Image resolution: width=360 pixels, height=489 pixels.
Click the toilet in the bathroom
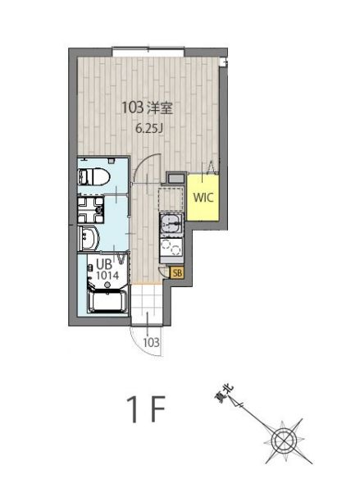[x=93, y=177]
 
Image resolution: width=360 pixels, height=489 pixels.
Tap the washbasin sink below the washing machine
[x=89, y=239]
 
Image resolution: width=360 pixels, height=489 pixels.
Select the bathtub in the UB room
[x=107, y=301]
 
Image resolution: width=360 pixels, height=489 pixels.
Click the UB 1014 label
[x=107, y=270]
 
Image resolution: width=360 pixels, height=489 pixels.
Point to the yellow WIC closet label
[x=203, y=197]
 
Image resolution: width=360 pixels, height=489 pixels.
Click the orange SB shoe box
[x=177, y=273]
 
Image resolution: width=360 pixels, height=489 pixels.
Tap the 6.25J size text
[x=149, y=128]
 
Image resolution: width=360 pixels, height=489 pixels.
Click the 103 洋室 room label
[x=147, y=108]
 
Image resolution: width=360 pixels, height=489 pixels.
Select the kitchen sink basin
[x=171, y=224]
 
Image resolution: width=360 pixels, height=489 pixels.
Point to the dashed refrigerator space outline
[x=171, y=199]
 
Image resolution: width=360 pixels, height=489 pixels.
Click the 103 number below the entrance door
[x=152, y=342]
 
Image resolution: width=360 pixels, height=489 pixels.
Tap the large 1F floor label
[x=146, y=409]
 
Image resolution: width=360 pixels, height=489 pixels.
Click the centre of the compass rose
[x=283, y=441]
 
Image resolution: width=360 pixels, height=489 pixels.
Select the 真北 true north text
[x=224, y=393]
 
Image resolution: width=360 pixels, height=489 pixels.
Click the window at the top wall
[x=148, y=52]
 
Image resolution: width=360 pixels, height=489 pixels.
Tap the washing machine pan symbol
[x=90, y=210]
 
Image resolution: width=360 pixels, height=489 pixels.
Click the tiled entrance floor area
[x=147, y=304]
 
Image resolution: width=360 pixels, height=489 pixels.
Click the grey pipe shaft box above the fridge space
[x=176, y=178]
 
